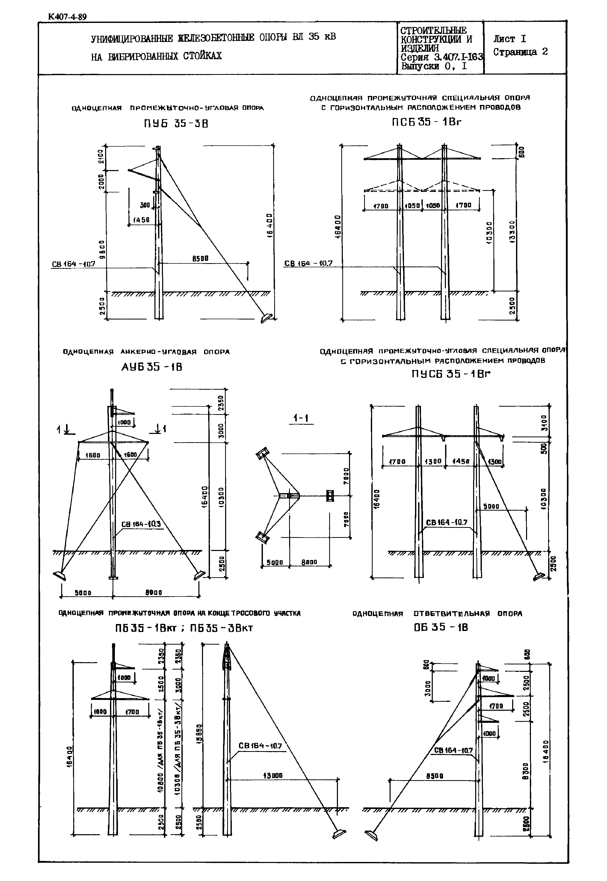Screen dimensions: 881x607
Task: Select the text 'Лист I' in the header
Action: tap(510, 39)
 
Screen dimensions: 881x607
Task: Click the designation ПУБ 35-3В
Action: tap(176, 124)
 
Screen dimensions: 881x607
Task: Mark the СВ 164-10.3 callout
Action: tap(141, 524)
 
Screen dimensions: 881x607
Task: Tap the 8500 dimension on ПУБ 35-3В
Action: tap(200, 259)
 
